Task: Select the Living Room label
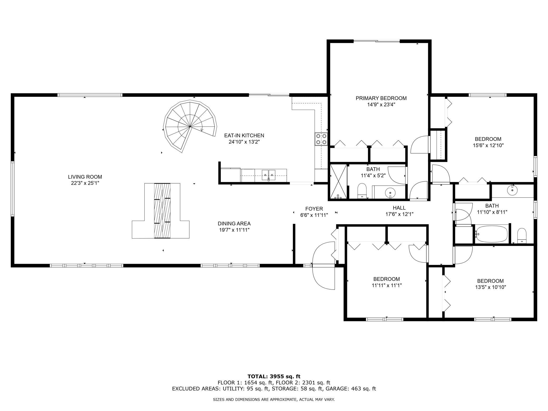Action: pyautogui.click(x=85, y=177)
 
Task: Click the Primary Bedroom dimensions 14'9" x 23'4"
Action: pyautogui.click(x=381, y=105)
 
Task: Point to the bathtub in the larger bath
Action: pyautogui.click(x=491, y=233)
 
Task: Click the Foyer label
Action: pyautogui.click(x=314, y=209)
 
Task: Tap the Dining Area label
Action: pyautogui.click(x=234, y=224)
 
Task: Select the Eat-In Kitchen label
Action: pyautogui.click(x=244, y=136)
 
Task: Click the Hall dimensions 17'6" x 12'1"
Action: pyautogui.click(x=399, y=214)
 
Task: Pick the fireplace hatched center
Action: pyautogui.click(x=162, y=211)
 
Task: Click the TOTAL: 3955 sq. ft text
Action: pyautogui.click(x=274, y=376)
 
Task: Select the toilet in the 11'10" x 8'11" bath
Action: pyautogui.click(x=522, y=236)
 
